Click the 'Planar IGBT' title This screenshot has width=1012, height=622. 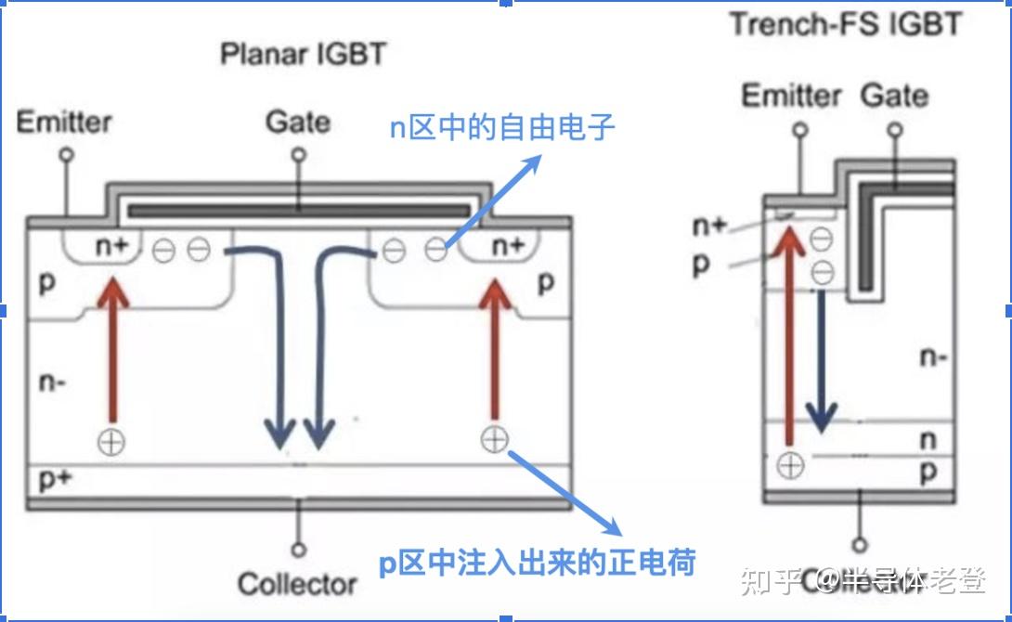click(302, 54)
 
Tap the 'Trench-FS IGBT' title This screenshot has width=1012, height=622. click(845, 23)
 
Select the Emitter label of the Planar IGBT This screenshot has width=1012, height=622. click(64, 122)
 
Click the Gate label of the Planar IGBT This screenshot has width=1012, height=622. click(297, 122)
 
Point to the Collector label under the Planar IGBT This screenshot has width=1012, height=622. click(297, 584)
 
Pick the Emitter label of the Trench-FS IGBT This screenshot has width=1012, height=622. click(791, 95)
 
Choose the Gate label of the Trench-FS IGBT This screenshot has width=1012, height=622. click(894, 95)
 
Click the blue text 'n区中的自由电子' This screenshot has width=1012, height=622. click(501, 127)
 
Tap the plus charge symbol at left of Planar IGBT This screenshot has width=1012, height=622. click(112, 441)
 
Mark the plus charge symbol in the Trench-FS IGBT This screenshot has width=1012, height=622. click(790, 464)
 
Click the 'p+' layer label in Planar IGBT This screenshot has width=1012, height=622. click(54, 480)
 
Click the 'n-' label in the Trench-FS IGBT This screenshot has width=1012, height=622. click(932, 356)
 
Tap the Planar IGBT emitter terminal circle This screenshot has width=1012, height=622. click(66, 157)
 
